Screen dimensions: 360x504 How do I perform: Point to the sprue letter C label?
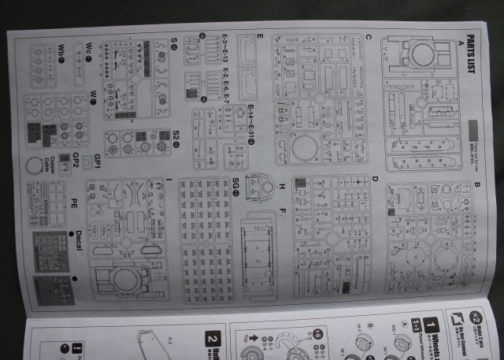tap(369, 37)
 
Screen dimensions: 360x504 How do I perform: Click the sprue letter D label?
tap(375, 178)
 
